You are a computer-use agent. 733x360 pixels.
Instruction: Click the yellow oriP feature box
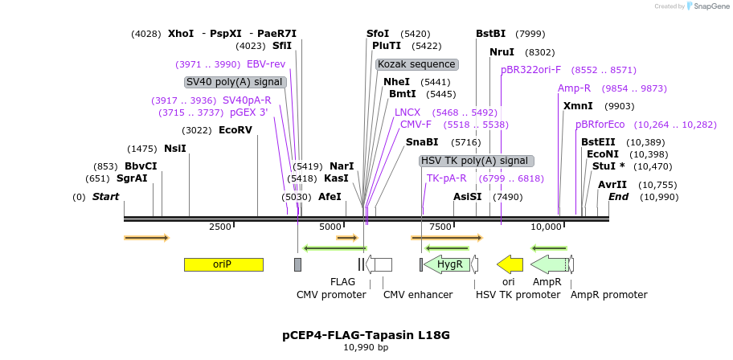[x=223, y=264]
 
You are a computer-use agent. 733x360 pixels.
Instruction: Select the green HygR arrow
[x=448, y=264]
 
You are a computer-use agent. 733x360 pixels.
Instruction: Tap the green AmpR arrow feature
[x=549, y=264]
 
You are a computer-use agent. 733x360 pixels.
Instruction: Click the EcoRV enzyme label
[x=235, y=129]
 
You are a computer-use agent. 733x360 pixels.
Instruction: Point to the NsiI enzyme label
[x=174, y=148]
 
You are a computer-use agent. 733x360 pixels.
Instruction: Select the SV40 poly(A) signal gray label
[x=235, y=82]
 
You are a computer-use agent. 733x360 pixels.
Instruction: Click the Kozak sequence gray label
[x=416, y=64]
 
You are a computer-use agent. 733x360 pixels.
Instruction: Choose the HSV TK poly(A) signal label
[x=476, y=161]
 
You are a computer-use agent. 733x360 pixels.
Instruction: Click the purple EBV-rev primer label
[x=265, y=64]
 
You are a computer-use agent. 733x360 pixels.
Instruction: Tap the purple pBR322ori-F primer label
[x=530, y=70]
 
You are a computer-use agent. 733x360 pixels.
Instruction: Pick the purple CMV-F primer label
[x=416, y=125]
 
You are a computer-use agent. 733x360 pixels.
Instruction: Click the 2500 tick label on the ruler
[x=220, y=227]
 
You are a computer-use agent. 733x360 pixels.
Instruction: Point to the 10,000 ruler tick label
[x=546, y=227]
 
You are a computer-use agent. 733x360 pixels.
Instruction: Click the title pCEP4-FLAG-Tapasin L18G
[x=366, y=334]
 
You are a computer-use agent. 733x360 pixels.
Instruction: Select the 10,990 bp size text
[x=366, y=348]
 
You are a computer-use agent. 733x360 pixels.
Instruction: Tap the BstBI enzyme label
[x=490, y=34]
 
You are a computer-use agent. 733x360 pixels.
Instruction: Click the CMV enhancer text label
[x=417, y=295]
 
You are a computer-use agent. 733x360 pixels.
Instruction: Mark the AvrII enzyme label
[x=612, y=184]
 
